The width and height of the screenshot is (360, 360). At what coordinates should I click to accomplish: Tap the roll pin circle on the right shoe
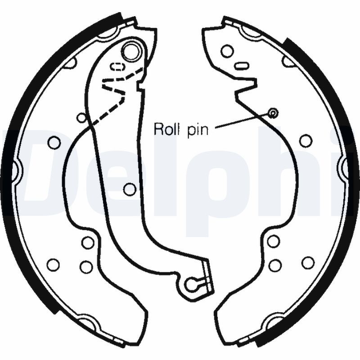(x=272, y=112)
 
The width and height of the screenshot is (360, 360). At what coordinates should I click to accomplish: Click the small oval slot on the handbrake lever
(x=117, y=67)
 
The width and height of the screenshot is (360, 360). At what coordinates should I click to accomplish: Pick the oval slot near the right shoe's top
(x=242, y=66)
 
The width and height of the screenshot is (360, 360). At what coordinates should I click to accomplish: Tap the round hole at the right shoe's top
(x=227, y=51)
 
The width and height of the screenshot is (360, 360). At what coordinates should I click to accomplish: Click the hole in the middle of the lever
(x=130, y=189)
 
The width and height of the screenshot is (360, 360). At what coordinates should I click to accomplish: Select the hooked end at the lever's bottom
(x=194, y=283)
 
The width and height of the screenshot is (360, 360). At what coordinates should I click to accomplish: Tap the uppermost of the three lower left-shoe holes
(x=88, y=242)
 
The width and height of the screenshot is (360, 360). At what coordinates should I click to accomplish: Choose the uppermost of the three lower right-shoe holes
(x=273, y=241)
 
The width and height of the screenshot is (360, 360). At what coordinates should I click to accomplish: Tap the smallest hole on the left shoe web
(x=81, y=118)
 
